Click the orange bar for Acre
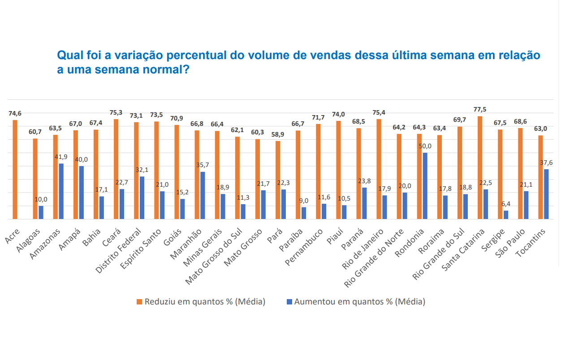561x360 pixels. coord(15,170)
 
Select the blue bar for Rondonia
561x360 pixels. coord(425,186)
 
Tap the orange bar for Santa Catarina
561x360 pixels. coord(480,167)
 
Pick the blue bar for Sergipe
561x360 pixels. coord(506,215)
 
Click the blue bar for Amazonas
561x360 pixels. coord(61,191)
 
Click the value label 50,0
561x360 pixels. coord(425,146)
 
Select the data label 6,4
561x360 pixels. coord(506,204)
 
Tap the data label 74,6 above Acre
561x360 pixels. coord(15,113)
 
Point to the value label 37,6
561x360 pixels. coord(546,163)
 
